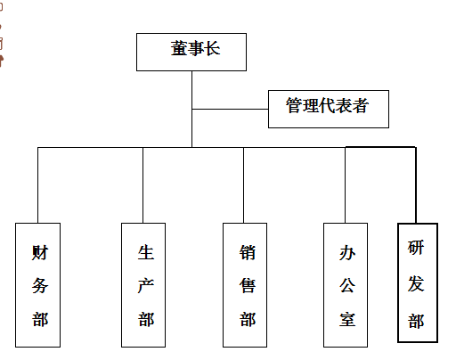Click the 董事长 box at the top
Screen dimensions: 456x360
click(x=191, y=52)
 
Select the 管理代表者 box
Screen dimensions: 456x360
click(x=329, y=109)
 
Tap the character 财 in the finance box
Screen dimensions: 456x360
click(x=40, y=252)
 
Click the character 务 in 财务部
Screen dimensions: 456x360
click(x=40, y=285)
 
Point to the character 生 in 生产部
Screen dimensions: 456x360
click(x=146, y=252)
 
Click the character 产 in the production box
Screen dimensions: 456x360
click(x=146, y=285)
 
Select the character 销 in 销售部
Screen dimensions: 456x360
click(x=248, y=252)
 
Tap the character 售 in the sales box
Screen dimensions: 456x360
click(x=248, y=285)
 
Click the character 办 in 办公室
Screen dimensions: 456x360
click(x=347, y=252)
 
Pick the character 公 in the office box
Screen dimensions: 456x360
click(x=347, y=285)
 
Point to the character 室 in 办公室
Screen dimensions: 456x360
click(x=347, y=319)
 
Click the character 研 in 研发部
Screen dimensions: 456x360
click(x=416, y=248)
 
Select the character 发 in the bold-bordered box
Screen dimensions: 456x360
click(x=416, y=283)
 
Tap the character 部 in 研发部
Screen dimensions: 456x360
click(x=416, y=321)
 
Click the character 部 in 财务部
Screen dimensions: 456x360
click(x=40, y=319)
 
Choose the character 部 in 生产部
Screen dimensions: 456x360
click(x=146, y=319)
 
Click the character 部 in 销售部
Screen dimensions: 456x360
click(x=248, y=319)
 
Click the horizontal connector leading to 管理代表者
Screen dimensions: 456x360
click(x=230, y=109)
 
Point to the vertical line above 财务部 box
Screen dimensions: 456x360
click(x=37, y=185)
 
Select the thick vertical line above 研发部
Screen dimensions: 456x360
click(x=416, y=185)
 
